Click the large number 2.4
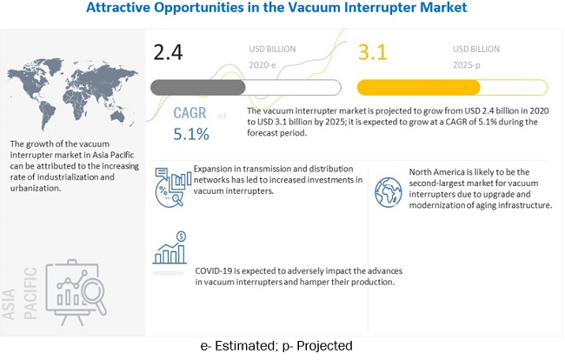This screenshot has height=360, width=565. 169,51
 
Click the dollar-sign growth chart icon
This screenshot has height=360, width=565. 169,247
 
